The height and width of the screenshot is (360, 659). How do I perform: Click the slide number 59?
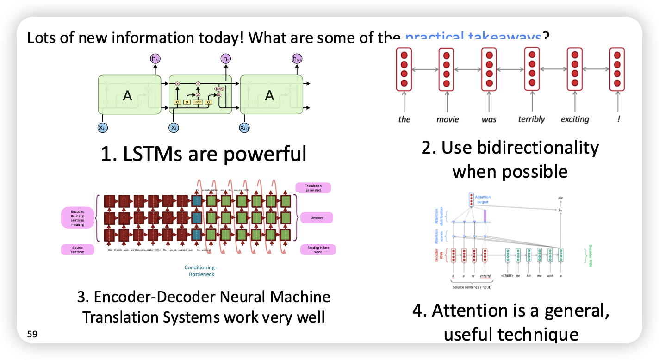(32, 334)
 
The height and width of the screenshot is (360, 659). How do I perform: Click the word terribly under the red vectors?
(532, 119)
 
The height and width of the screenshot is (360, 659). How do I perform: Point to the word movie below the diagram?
(448, 119)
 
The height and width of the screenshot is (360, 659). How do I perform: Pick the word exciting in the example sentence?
(575, 119)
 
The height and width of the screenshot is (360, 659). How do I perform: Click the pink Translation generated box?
(313, 188)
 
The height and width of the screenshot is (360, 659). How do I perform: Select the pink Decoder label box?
(317, 217)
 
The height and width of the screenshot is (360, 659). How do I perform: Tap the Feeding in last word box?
(318, 250)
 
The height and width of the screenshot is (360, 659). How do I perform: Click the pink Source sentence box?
(77, 250)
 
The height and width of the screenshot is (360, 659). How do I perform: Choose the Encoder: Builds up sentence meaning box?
(77, 217)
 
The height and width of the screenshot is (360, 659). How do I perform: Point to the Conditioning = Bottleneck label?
(201, 271)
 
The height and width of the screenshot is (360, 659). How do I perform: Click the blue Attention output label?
(483, 199)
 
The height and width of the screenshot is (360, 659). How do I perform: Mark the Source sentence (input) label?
(472, 287)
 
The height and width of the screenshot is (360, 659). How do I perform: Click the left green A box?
(128, 96)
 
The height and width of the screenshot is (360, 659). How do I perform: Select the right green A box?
(270, 96)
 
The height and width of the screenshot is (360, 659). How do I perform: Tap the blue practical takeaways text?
(473, 37)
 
